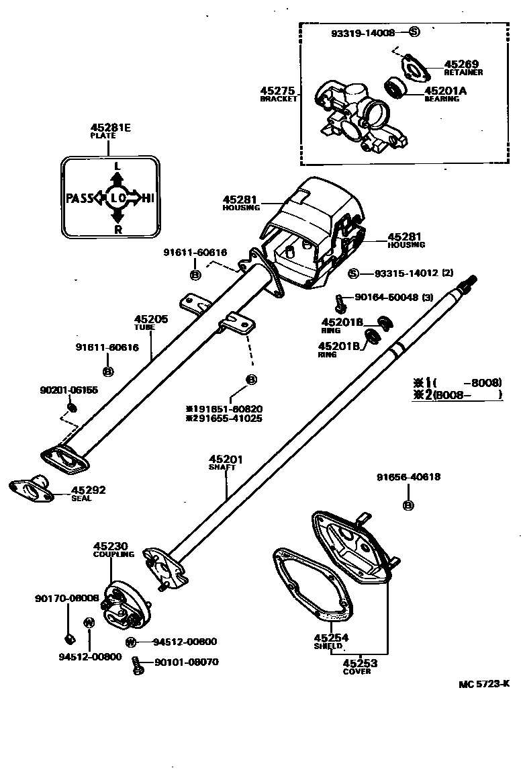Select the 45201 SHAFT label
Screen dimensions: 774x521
pyautogui.click(x=226, y=462)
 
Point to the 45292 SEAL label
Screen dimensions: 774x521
pyautogui.click(x=89, y=492)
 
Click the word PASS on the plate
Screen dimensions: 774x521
pyautogui.click(x=79, y=198)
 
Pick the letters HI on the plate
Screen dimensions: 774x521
pyautogui.click(x=147, y=198)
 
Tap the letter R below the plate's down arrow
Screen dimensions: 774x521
pyautogui.click(x=117, y=228)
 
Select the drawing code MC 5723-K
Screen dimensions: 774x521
pyautogui.click(x=484, y=684)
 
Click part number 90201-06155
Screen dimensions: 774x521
pyautogui.click(x=69, y=390)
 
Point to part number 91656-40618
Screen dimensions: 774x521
pyautogui.click(x=408, y=477)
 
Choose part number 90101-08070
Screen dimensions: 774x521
pyautogui.click(x=186, y=662)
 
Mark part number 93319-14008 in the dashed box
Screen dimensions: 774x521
pyautogui.click(x=363, y=32)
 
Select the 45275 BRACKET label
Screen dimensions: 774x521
pyautogui.click(x=279, y=93)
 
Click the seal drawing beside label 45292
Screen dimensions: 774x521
pyautogui.click(x=30, y=489)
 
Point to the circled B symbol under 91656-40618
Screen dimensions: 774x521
pyautogui.click(x=408, y=505)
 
